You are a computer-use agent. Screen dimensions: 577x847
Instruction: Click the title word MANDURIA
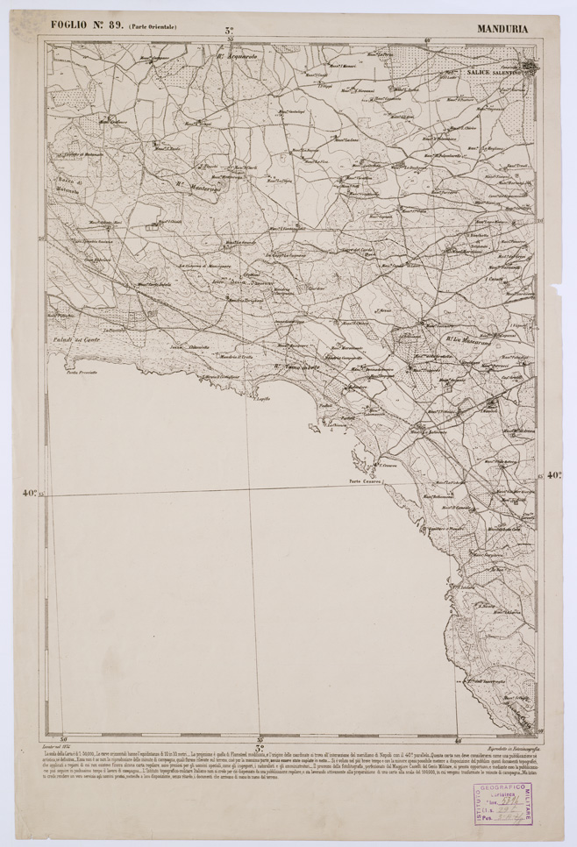pos(502,28)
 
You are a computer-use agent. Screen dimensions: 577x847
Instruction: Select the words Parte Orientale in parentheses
pos(153,28)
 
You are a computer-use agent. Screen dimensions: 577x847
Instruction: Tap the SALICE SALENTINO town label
pos(494,74)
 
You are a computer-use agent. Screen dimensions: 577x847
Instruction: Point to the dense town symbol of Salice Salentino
pos(531,67)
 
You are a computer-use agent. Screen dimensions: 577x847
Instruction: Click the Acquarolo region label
pos(239,55)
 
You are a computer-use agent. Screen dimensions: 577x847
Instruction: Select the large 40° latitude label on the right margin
pos(554,476)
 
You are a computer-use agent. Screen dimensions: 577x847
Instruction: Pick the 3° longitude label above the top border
pos(228,30)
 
